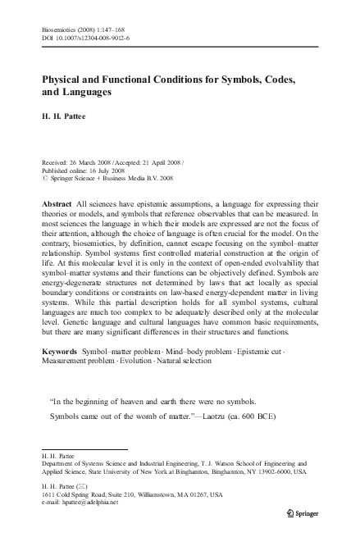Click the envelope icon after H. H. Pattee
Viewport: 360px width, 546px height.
coord(84,486)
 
